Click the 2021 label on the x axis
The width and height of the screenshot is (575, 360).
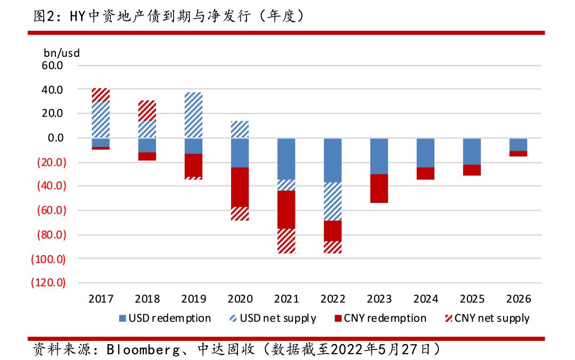[286, 298]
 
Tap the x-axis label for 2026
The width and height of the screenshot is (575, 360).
[519, 298]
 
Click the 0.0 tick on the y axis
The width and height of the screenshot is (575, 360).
[55, 138]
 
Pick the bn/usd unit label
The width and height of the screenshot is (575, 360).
[61, 53]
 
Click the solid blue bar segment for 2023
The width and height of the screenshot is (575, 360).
[379, 156]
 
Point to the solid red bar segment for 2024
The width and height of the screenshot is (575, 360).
[425, 173]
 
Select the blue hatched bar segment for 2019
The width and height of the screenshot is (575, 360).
[193, 115]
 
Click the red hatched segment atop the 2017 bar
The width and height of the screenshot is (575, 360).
[101, 95]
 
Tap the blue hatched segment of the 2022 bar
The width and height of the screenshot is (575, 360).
[333, 201]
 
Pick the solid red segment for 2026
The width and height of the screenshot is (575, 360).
[518, 153]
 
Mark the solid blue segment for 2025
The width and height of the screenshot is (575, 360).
[472, 151]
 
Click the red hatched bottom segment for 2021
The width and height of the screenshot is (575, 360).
[286, 241]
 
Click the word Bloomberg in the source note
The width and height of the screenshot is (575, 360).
[139, 349]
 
